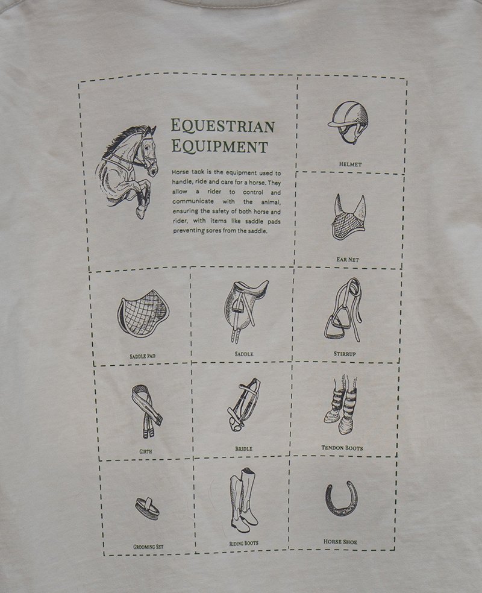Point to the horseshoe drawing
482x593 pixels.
[x=342, y=499]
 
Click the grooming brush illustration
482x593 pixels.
[x=147, y=508]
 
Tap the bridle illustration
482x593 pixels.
[x=244, y=404]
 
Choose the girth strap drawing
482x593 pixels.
[x=146, y=411]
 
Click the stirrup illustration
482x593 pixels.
[x=343, y=310]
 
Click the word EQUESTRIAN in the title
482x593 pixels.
[x=223, y=126]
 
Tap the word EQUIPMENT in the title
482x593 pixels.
[x=220, y=146]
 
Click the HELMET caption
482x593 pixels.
[x=351, y=164]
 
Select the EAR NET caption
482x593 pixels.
[x=348, y=259]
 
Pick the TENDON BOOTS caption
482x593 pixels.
[x=342, y=448]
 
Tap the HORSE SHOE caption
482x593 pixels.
[x=340, y=542]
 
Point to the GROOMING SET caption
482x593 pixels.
[x=148, y=547]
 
